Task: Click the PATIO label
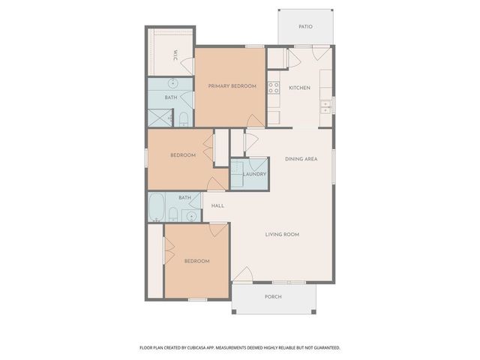pos(304,26)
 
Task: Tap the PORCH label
pos(274,296)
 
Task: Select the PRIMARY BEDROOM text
pos(232,86)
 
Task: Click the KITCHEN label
pos(300,88)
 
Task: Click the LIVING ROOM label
pos(282,234)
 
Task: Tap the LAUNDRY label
pos(255,175)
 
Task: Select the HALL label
pos(217,205)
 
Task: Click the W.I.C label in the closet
pos(175,55)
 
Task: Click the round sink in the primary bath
pos(172,83)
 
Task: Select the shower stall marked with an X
pos(159,117)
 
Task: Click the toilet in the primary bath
pos(183,118)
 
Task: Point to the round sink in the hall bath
pos(190,216)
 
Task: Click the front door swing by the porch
pos(243,276)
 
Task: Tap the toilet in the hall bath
pos(173,215)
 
